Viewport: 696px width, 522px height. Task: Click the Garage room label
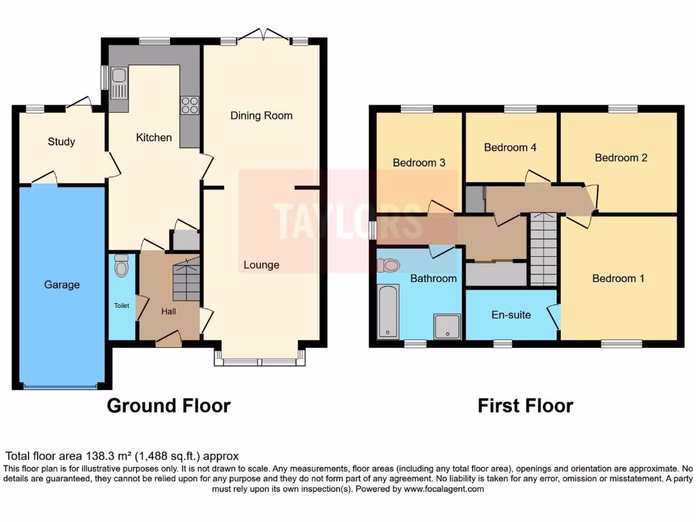click(x=62, y=285)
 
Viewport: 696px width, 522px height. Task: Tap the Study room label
click(x=61, y=141)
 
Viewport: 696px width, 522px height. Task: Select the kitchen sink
click(x=120, y=82)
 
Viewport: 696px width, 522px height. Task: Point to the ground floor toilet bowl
click(x=122, y=266)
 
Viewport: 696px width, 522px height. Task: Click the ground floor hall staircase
click(x=186, y=279)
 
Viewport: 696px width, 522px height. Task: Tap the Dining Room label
click(x=261, y=116)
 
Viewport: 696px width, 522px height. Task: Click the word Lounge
click(x=261, y=264)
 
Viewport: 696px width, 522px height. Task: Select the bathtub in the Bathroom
click(x=387, y=311)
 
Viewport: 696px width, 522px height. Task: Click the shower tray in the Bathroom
click(x=448, y=326)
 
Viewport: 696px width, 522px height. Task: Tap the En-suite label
click(x=511, y=315)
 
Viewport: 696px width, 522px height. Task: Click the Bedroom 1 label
click(x=618, y=278)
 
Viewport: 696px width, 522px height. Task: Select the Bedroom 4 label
click(x=510, y=147)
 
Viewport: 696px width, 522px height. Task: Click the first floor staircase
click(x=543, y=249)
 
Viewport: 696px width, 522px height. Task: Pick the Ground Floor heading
click(x=169, y=406)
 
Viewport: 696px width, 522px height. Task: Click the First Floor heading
click(x=525, y=406)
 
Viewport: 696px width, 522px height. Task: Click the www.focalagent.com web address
click(x=444, y=489)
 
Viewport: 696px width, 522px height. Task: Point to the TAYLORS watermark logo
click(x=347, y=216)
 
